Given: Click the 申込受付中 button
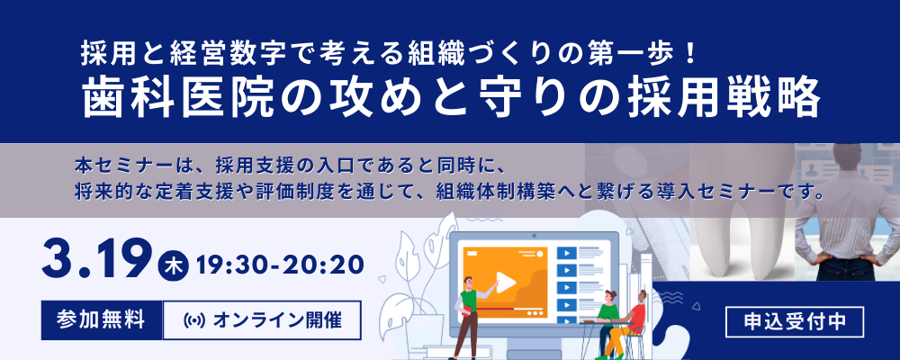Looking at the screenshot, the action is (795, 322).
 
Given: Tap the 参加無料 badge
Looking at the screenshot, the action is (101, 319).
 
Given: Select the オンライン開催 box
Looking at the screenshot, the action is (262, 319).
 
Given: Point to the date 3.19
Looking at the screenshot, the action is (96, 260).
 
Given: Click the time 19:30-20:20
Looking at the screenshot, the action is (280, 265).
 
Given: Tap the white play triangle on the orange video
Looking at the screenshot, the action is (506, 282).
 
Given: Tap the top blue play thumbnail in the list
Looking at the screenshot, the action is (566, 252).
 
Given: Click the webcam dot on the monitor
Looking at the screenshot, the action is (534, 236).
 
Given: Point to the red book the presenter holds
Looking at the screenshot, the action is (465, 310).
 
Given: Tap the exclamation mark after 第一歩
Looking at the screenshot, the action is (690, 53).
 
